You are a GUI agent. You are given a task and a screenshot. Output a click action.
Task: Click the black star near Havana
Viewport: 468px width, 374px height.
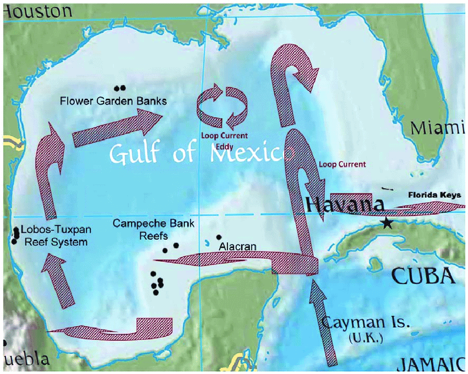click(388, 223)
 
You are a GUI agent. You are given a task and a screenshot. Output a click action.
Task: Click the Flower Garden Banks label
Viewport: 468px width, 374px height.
click(113, 101)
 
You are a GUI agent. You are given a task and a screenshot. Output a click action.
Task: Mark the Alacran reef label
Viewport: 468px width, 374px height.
click(237, 246)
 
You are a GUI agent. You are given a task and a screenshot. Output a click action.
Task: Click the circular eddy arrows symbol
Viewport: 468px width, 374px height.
click(222, 108)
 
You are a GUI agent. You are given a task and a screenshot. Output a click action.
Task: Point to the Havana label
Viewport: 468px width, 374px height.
click(345, 205)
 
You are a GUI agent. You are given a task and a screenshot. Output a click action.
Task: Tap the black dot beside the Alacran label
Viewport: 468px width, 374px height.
click(219, 237)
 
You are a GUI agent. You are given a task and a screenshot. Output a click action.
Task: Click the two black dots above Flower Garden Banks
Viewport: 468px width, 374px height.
click(119, 88)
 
